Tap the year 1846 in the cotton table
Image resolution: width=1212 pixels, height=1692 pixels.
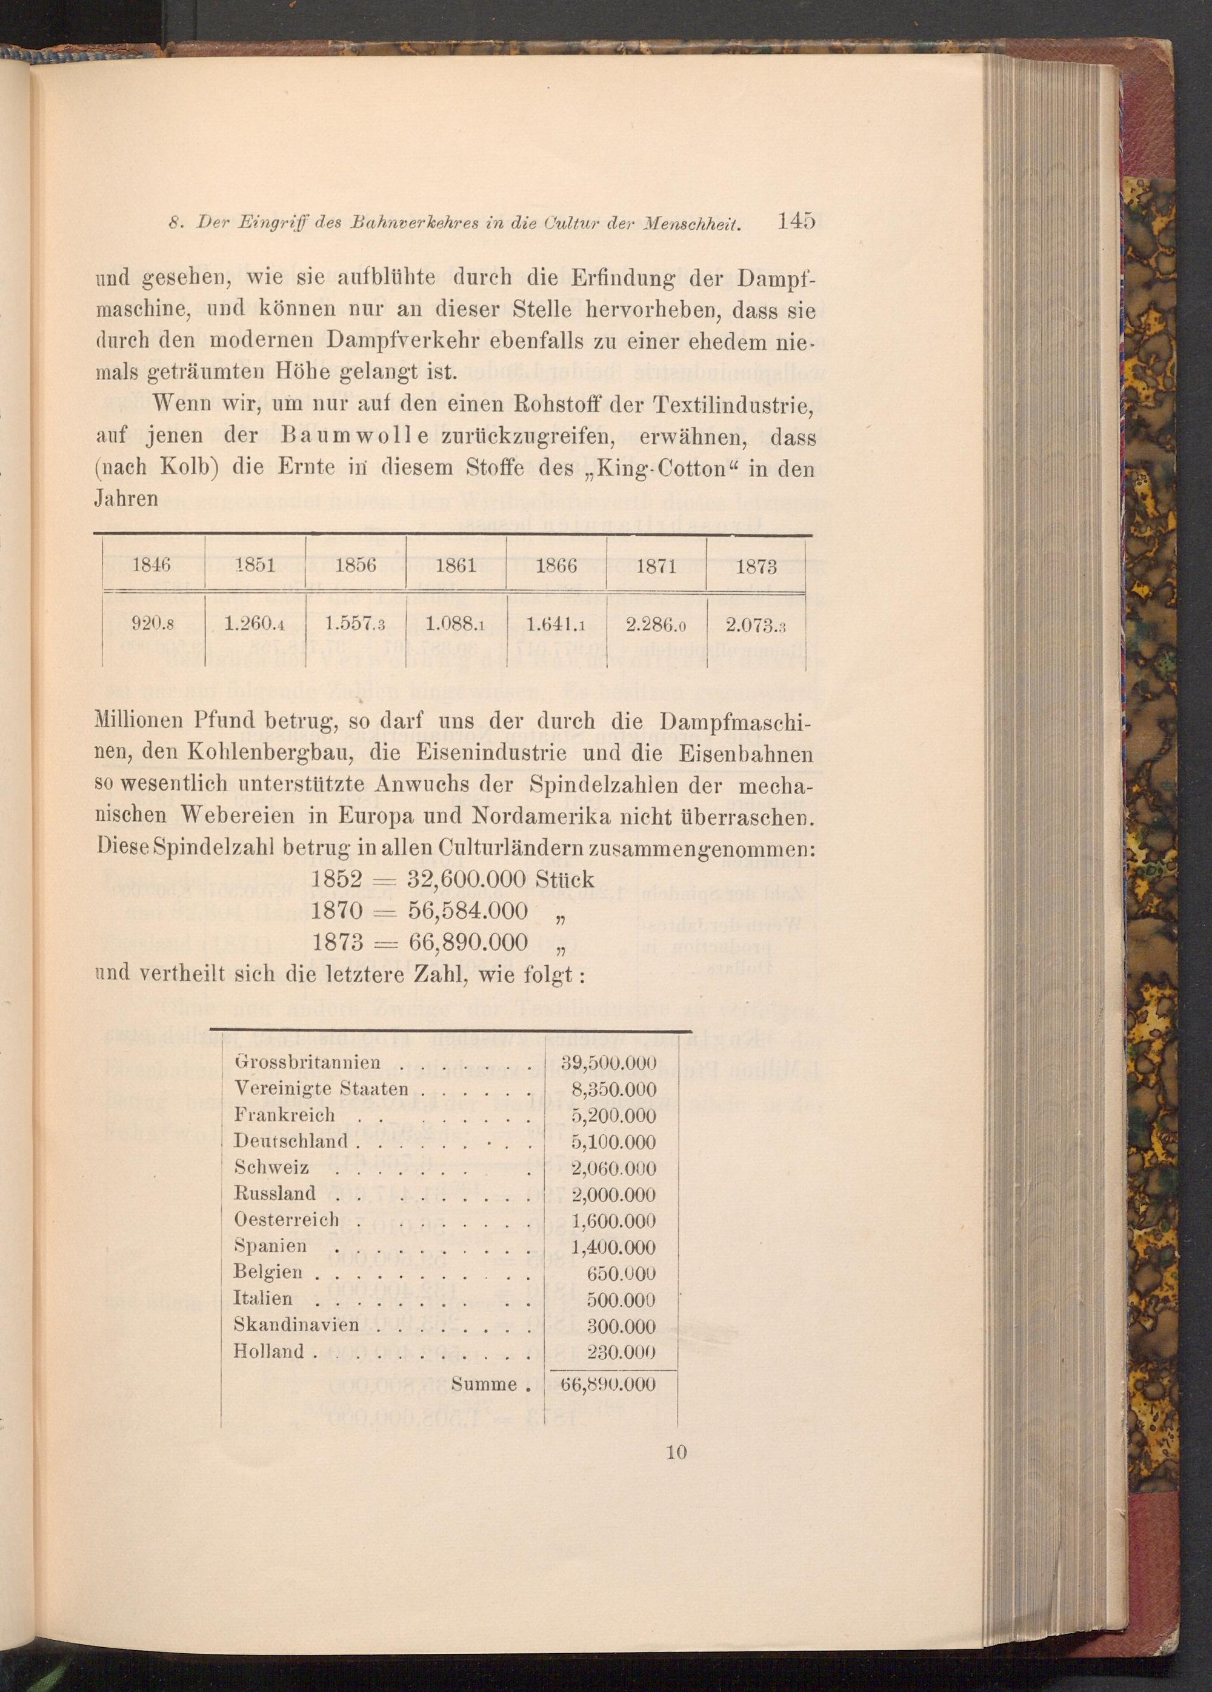click(x=151, y=566)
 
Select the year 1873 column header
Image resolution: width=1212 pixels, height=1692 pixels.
click(x=756, y=567)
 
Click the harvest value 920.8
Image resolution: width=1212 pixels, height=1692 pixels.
click(x=152, y=625)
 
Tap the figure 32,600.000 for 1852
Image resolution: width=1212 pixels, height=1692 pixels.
click(x=468, y=880)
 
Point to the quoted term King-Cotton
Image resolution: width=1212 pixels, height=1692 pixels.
click(x=660, y=469)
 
